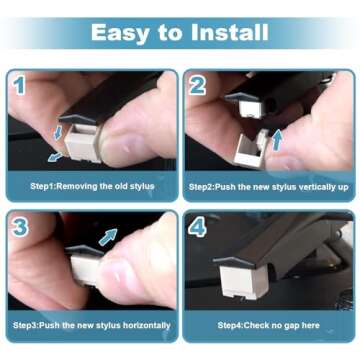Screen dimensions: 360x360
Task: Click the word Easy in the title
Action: tap(118, 31)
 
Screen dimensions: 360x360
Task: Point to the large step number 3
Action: tap(20, 226)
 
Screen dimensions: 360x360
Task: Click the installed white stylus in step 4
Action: tap(246, 285)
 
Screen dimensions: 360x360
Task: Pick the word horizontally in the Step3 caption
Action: tap(139, 325)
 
